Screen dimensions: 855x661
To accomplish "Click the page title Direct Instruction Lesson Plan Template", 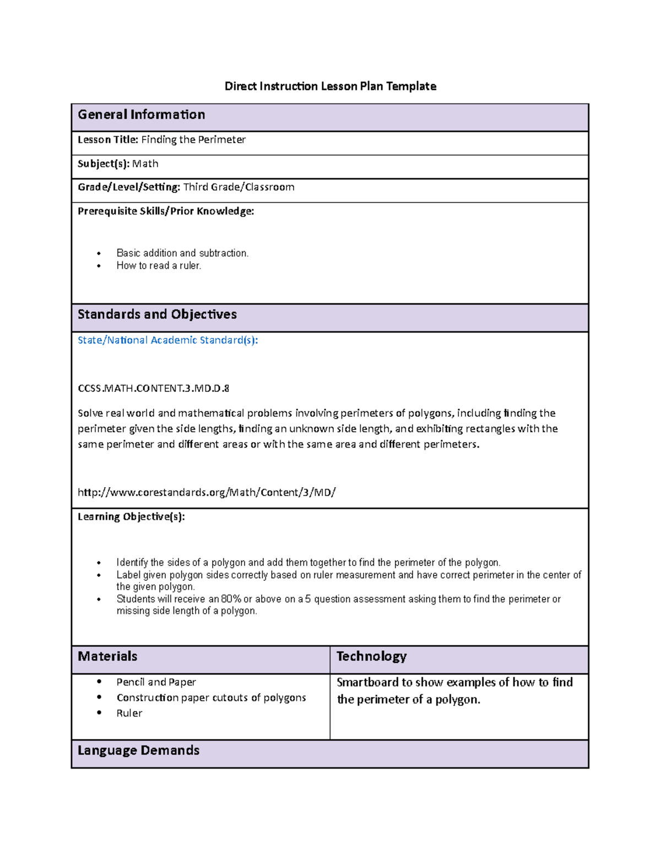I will pos(330,86).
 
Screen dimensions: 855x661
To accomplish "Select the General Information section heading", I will pos(142,115).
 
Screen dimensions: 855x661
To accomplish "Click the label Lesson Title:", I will pos(107,140).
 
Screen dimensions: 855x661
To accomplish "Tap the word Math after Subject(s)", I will pos(145,164).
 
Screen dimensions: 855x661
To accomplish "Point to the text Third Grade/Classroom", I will pos(239,187).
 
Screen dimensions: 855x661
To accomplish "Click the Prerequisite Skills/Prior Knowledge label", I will pos(166,211).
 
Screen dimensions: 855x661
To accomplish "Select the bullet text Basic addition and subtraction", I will pos(182,253).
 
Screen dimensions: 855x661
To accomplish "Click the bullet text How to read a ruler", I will pos(159,266).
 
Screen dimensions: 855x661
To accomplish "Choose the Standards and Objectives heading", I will pos(157,314).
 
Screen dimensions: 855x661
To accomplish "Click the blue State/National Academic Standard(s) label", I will pos(167,340).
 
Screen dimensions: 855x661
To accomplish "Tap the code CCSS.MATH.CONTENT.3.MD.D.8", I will pos(153,389).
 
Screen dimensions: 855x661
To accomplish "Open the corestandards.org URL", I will pos(207,493).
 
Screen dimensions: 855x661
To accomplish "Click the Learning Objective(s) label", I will pos(131,517).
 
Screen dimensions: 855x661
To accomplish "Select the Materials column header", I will pos(107,656).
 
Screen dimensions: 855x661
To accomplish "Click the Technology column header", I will pos(371,656).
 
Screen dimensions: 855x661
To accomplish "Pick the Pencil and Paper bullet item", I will pos(156,682).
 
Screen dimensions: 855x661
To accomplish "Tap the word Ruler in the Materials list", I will pos(129,714).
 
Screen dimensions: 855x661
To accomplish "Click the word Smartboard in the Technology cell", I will pos(367,683).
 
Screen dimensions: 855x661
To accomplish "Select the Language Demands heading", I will pos(138,750).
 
